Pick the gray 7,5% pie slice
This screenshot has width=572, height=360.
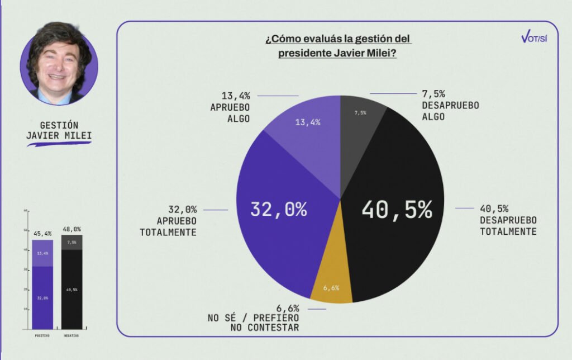click(x=360, y=115)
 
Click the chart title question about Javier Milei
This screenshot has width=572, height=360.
click(x=338, y=46)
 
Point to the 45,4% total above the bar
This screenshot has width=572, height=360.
click(x=42, y=233)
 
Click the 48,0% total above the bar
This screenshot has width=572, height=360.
click(x=71, y=229)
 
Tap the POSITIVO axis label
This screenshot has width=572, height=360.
click(x=42, y=335)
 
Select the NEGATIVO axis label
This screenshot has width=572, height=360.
click(x=71, y=335)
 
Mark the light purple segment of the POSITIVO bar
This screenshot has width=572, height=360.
click(x=42, y=253)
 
